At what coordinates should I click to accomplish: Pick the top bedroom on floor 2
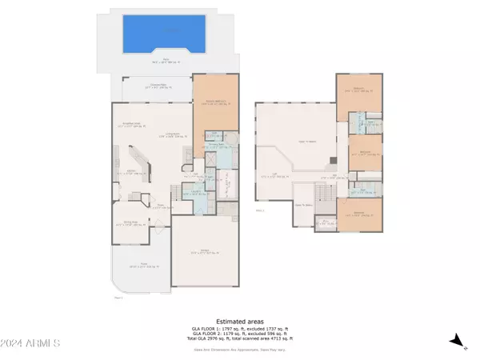[361, 92]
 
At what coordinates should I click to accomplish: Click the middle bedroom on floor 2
[364, 153]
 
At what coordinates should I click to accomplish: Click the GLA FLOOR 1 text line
[240, 328]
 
